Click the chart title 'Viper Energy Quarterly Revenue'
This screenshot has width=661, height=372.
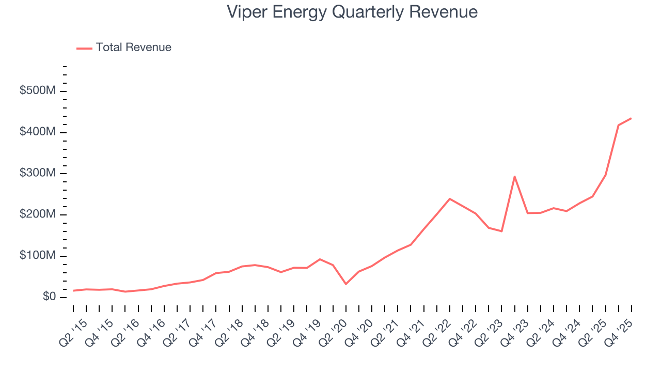[352, 12]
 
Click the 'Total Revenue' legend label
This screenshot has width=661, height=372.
[133, 48]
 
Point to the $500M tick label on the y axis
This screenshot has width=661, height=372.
[38, 91]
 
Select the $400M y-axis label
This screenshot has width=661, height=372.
[38, 132]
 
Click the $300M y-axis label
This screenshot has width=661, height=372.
[38, 174]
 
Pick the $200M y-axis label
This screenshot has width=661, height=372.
[38, 215]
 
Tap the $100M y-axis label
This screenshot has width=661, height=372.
[38, 256]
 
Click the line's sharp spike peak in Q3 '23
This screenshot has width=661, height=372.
[514, 176]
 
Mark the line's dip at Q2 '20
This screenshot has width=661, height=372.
[345, 284]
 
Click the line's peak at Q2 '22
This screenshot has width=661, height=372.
[450, 198]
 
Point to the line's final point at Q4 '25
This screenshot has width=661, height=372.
[631, 118]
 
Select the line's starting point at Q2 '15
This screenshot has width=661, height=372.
[73, 290]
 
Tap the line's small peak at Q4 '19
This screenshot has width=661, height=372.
[320, 259]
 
